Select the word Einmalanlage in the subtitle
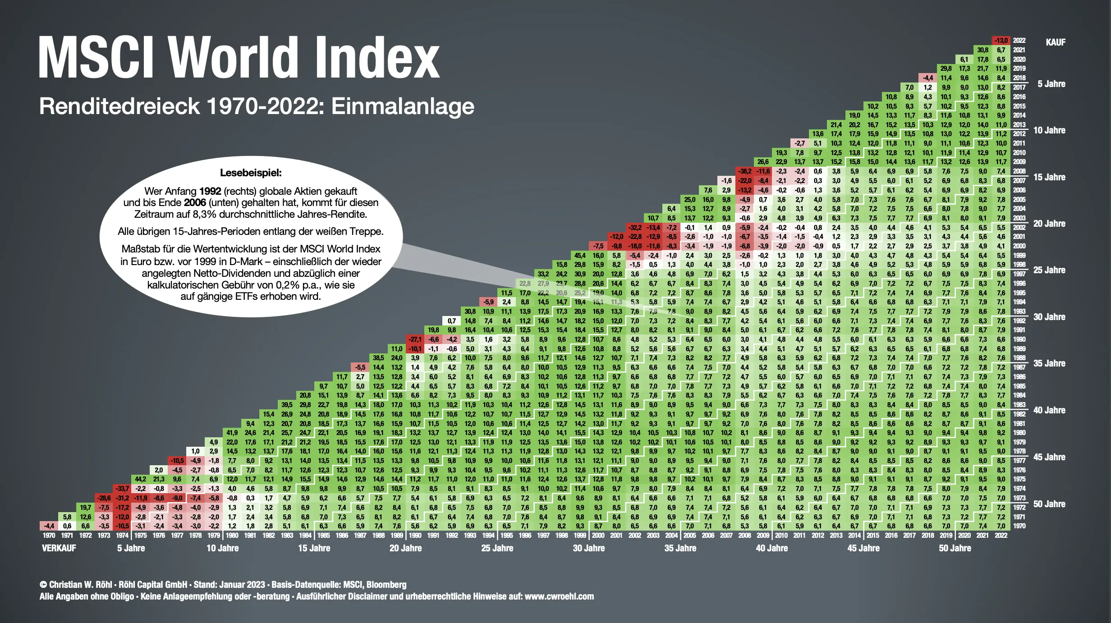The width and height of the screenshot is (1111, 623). (x=403, y=106)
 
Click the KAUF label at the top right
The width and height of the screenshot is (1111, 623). (x=1055, y=42)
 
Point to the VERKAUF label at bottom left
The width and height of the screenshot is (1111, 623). (x=59, y=548)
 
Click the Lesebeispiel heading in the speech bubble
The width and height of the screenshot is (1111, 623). (x=251, y=173)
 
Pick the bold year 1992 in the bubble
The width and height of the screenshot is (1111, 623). (x=210, y=191)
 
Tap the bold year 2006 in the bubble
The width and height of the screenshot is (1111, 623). (x=195, y=203)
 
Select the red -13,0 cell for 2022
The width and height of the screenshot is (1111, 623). (x=1001, y=41)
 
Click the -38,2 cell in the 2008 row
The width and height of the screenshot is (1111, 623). (x=744, y=171)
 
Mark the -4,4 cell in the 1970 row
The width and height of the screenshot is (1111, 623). (x=49, y=526)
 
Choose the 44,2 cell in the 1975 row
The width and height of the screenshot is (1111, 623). (x=140, y=479)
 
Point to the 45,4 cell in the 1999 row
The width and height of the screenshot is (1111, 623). (x=580, y=256)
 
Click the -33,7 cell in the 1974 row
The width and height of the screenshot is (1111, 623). (x=122, y=489)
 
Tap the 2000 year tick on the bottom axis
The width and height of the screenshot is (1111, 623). (x=598, y=536)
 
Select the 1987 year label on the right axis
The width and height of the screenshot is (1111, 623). (x=1019, y=367)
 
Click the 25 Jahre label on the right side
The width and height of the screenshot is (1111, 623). (x=1049, y=270)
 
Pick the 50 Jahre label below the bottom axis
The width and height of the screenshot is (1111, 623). (x=955, y=548)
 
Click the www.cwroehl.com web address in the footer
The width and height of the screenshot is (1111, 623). (x=559, y=596)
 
